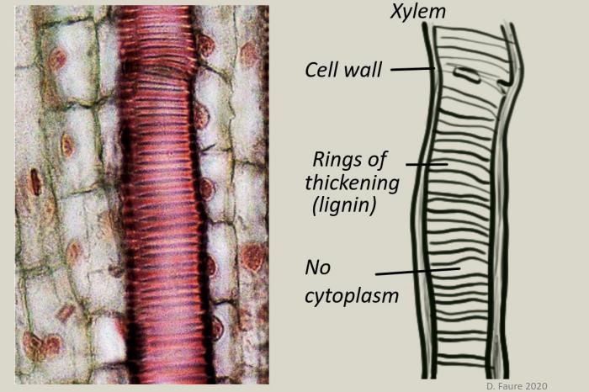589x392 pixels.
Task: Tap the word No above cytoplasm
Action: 318,268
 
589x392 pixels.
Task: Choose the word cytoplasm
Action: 351,295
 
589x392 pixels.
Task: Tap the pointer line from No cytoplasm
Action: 417,272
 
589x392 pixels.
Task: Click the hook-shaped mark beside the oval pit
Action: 503,84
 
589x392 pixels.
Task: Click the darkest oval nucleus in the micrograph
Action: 35,180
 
